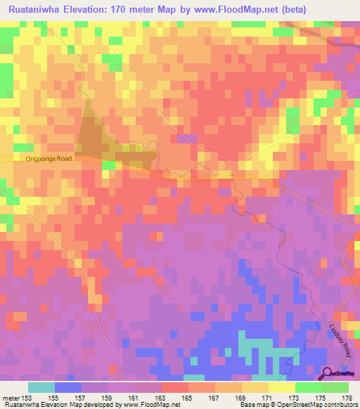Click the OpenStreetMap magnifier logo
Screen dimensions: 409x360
point(328,374)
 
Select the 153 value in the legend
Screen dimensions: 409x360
point(26,398)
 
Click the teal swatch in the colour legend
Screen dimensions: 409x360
point(41,387)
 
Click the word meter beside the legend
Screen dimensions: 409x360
point(10,398)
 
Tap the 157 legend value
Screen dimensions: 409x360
point(82,398)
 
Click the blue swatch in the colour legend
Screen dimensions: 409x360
point(68,387)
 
